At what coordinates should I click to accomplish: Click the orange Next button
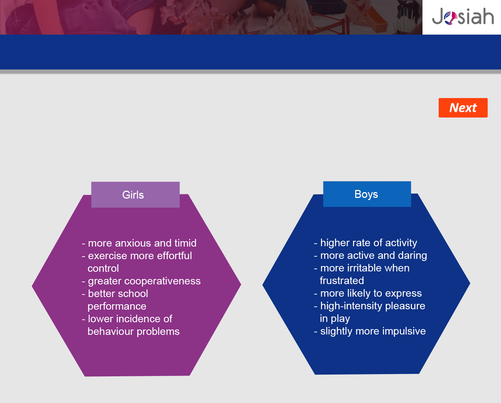[x=463, y=108]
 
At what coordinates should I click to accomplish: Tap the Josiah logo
[x=463, y=16]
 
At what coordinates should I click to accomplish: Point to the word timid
[x=185, y=243]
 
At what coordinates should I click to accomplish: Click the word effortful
[x=174, y=256]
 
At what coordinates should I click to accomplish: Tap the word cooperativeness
[x=162, y=281]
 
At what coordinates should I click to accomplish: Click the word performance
[x=117, y=306]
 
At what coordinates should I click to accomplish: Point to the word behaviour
[x=110, y=331]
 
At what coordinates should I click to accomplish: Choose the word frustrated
[x=342, y=281]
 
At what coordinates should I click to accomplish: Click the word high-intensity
[x=351, y=306]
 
